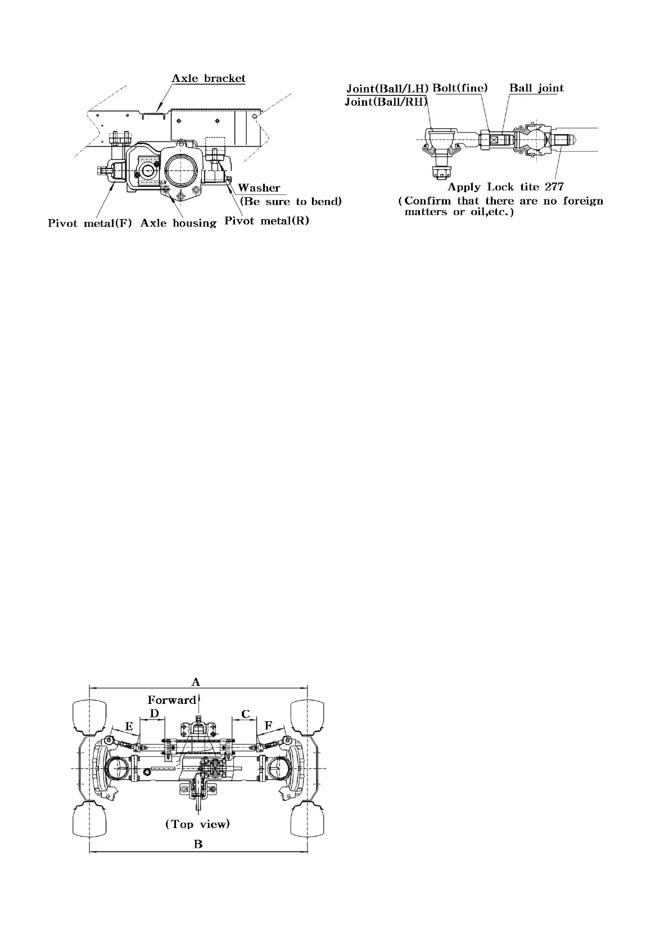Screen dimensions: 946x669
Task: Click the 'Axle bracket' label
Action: [209, 78]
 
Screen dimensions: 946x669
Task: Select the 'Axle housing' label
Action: [178, 223]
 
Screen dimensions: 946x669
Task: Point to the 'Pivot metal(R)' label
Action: [266, 221]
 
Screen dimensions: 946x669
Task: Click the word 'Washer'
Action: [259, 188]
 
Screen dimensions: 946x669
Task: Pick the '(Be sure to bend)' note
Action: [291, 201]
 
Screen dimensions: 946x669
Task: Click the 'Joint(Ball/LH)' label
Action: [387, 88]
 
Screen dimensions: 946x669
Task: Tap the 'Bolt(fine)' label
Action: [460, 88]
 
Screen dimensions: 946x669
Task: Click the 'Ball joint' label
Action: [536, 88]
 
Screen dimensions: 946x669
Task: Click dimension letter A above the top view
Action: [196, 682]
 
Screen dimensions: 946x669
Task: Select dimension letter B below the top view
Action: [198, 844]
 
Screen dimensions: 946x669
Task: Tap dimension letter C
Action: [245, 715]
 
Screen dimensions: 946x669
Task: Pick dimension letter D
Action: [154, 713]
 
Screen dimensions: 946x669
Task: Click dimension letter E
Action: [129, 726]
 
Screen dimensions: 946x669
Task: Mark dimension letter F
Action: [269, 726]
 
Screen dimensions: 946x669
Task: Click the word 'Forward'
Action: [171, 700]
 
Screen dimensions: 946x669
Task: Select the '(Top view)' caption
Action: [197, 824]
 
